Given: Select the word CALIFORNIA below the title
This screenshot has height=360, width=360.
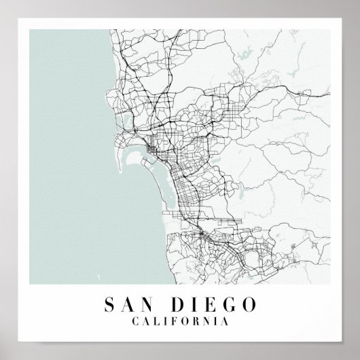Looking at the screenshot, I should pos(180,318).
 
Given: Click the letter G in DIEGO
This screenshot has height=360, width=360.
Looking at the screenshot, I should pos(217,301).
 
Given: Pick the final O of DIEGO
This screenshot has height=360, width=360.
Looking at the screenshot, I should pos(233,301).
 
